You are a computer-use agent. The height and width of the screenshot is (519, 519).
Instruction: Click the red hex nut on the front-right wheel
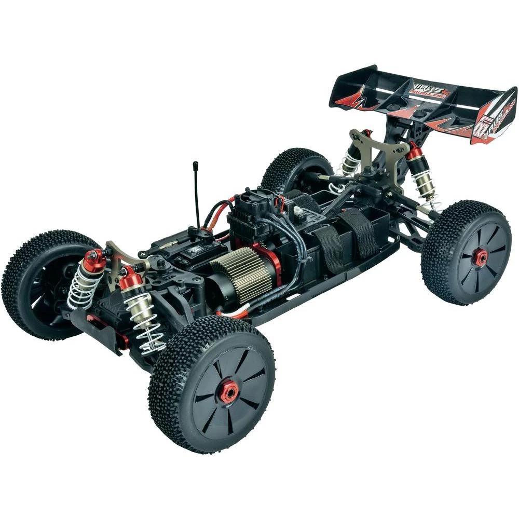pyautogui.click(x=228, y=392)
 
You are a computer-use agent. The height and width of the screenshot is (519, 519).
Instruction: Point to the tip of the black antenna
pyautogui.click(x=195, y=165)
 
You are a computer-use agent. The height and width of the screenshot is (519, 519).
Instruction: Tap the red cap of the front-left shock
pyautogui.click(x=95, y=258)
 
